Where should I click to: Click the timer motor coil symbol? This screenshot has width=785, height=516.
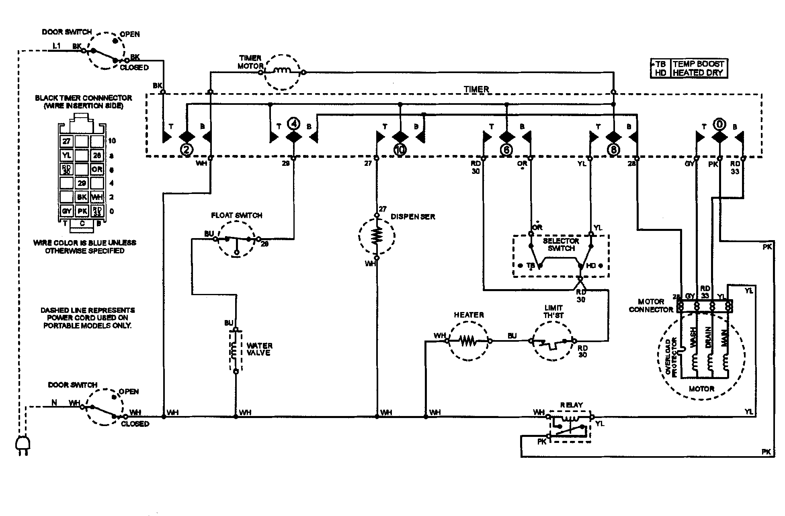click(x=282, y=71)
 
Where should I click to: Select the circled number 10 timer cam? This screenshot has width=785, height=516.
click(x=400, y=150)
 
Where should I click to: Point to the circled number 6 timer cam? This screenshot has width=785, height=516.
click(x=506, y=150)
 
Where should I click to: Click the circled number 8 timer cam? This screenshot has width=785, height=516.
click(x=613, y=150)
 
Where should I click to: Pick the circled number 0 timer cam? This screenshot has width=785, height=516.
click(x=719, y=124)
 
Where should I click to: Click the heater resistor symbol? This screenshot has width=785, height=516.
click(x=468, y=341)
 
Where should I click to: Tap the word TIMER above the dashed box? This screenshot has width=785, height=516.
click(x=476, y=89)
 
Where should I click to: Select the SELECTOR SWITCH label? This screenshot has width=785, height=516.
click(x=561, y=245)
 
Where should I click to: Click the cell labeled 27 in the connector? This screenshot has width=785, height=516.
click(x=66, y=141)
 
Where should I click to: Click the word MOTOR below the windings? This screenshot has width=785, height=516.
click(x=701, y=389)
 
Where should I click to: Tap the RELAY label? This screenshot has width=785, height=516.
click(x=571, y=405)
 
